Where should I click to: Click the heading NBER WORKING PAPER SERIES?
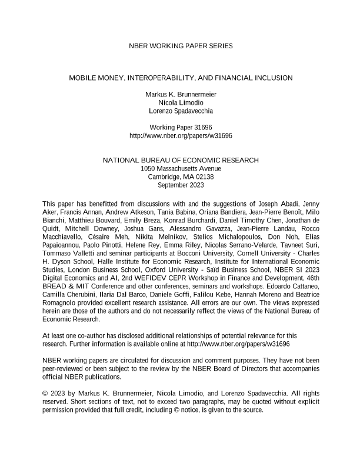[180, 45]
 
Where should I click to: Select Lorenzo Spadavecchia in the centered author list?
[180, 111]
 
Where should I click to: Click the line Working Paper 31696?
[180, 127]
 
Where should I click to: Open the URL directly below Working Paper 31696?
[180, 135]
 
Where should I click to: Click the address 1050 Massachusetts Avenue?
[180, 169]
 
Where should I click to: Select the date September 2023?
[180, 185]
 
